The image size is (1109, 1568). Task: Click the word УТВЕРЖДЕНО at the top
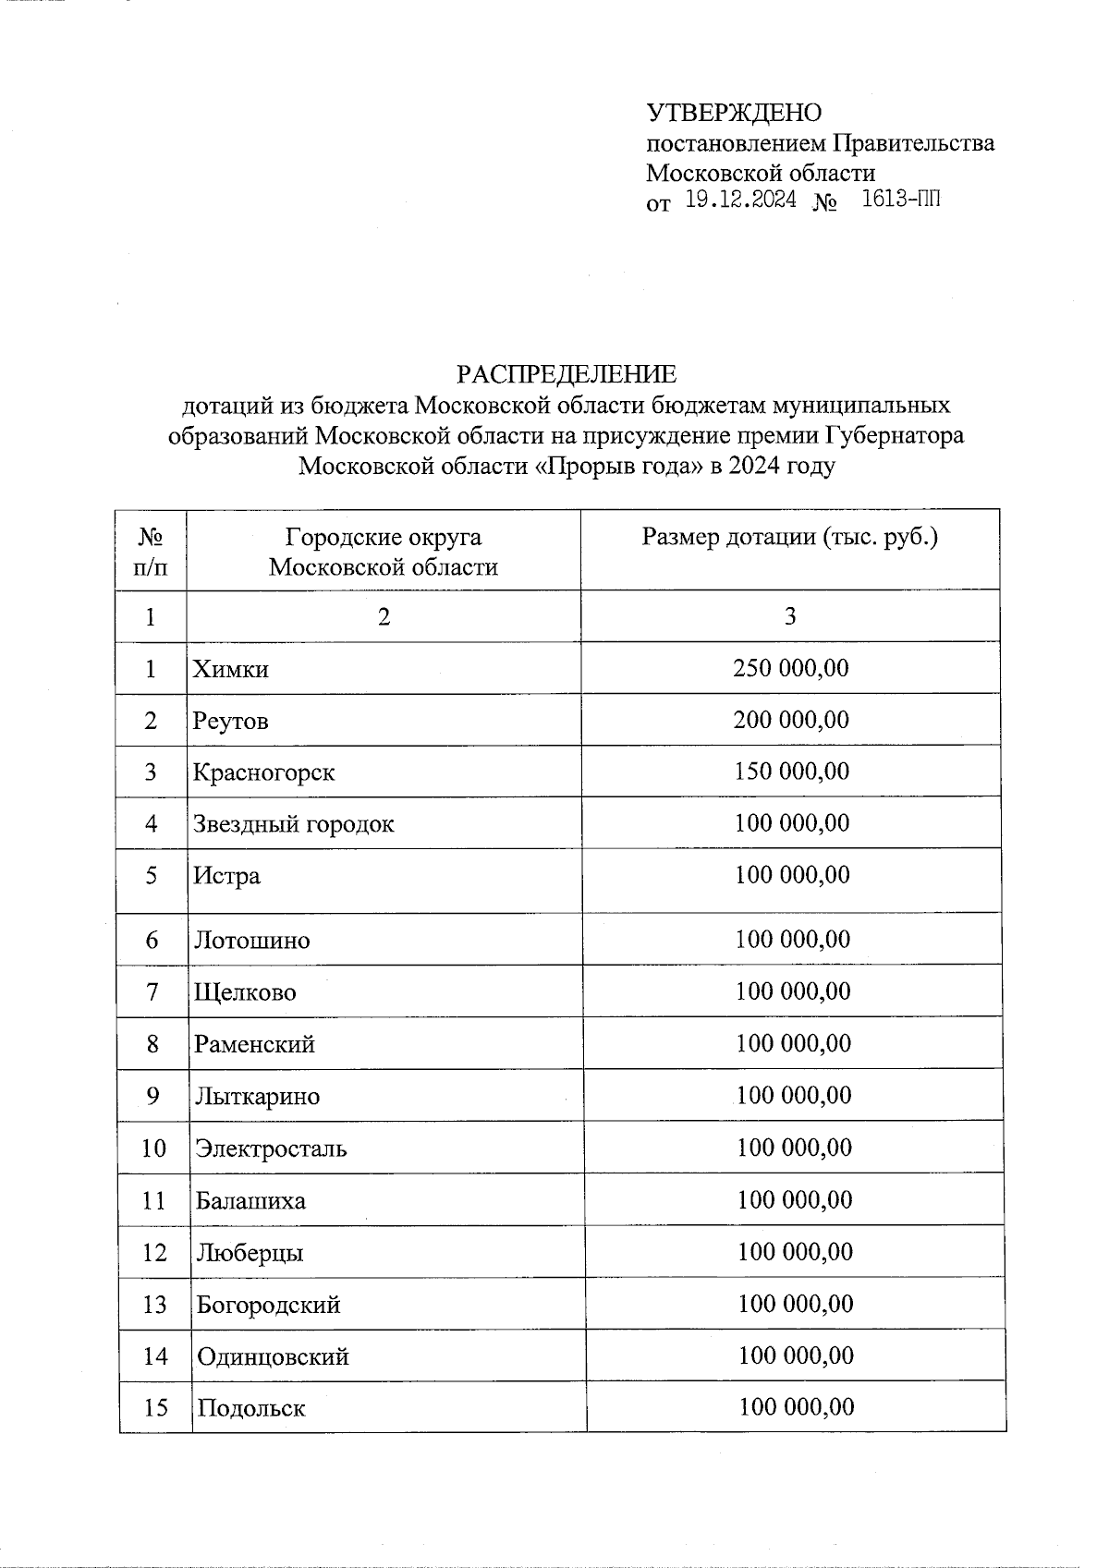point(733,113)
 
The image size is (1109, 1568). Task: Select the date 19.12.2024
point(740,200)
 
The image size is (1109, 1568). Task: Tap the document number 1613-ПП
point(900,199)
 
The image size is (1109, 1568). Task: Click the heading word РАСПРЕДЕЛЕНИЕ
point(566,374)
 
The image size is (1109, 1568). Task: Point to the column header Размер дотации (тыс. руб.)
point(790,537)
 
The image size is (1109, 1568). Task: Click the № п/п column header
point(151,551)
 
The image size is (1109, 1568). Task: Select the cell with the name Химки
point(230,669)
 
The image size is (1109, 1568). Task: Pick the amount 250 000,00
point(790,668)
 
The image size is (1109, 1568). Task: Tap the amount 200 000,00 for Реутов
point(790,720)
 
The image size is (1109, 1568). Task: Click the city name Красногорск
point(263,772)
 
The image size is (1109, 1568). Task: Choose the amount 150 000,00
point(791,772)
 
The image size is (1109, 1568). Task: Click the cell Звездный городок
point(293,824)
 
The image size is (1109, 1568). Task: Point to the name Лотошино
point(251,941)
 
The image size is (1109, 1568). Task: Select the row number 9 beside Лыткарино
point(152,1097)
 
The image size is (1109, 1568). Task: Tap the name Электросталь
point(271,1149)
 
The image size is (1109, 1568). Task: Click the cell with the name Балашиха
point(250,1201)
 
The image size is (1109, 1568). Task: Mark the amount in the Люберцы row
point(795,1252)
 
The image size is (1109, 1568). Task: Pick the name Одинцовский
point(273,1356)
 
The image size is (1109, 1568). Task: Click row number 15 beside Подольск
point(155,1408)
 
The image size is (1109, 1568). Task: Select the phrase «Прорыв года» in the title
point(618,466)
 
